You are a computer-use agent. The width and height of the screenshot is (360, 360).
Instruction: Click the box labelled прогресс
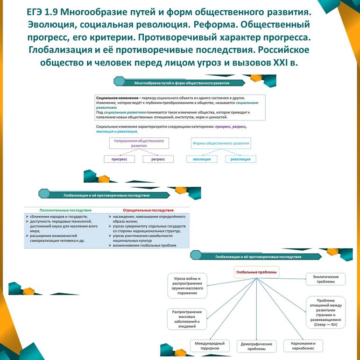point(119,159)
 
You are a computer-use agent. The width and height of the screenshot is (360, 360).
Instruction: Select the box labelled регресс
point(158,159)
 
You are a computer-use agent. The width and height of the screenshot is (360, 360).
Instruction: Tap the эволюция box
point(202,159)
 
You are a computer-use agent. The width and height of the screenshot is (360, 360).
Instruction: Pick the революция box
point(241,159)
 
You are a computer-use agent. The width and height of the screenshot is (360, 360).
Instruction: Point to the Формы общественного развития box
point(221,143)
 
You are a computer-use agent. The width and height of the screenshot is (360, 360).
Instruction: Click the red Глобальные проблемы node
point(256,272)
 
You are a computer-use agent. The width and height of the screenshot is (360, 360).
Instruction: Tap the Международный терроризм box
point(210,346)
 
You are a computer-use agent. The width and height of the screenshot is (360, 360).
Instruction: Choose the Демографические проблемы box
point(256,346)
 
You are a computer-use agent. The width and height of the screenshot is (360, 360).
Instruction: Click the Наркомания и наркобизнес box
point(303,346)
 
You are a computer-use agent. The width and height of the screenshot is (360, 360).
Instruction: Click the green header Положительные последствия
point(65,211)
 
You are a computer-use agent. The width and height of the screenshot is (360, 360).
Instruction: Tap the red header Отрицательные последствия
point(148,211)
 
